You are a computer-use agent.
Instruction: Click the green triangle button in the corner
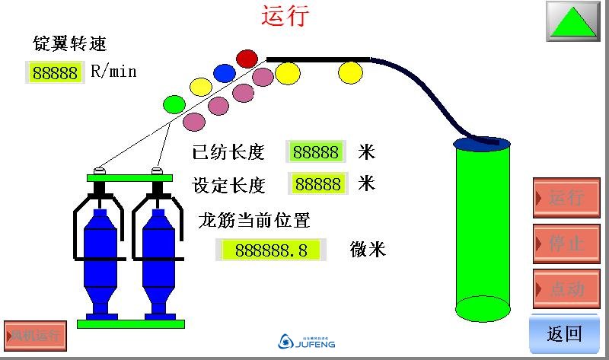(573, 21)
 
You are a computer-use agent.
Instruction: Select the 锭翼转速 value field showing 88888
(54, 73)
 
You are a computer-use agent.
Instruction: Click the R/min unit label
(113, 72)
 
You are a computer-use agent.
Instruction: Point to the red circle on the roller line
(247, 58)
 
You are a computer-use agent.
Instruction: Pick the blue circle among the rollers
(224, 72)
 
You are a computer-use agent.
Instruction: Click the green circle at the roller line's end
(175, 103)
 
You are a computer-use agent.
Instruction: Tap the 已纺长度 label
(228, 152)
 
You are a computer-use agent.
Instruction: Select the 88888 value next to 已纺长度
(316, 152)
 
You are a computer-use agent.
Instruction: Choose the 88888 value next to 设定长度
(317, 184)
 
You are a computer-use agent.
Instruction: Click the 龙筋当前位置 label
(254, 221)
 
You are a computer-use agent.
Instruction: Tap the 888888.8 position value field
(272, 250)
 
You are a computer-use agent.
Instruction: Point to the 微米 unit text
(368, 250)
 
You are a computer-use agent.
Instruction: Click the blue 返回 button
(565, 334)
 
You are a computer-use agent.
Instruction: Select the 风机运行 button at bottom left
(34, 334)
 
